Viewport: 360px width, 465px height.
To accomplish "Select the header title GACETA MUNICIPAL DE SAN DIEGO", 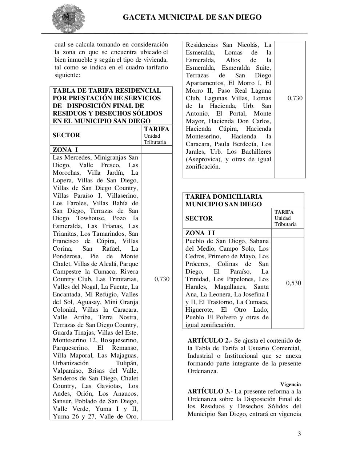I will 192,17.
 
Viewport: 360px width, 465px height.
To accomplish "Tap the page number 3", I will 299,433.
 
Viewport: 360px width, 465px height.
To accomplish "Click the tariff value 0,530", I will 293,283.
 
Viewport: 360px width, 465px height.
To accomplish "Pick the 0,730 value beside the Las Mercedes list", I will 162,279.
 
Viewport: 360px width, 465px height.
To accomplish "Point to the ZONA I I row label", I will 200,233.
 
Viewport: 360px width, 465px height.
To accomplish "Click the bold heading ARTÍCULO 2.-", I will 210,340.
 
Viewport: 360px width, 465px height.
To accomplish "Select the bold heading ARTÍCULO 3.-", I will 210,391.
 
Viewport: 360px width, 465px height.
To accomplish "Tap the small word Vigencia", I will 291,384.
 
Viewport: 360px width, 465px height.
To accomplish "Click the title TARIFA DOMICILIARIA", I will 224,197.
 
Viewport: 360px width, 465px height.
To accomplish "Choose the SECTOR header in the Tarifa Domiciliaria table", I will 199,218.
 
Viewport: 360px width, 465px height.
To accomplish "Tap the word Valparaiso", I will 68,371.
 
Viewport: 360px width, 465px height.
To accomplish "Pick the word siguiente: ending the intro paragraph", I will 67,75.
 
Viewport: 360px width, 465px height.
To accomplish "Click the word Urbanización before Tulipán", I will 71,363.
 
